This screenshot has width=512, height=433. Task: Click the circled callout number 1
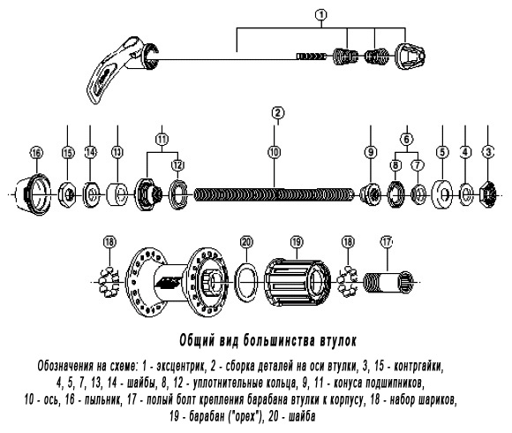[321, 15]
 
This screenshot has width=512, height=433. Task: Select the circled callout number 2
[277, 113]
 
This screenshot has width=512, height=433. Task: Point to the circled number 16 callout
[36, 153]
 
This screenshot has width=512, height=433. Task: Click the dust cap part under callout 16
[34, 194]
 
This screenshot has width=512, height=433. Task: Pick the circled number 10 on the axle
[275, 152]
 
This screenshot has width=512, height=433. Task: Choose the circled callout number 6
[407, 140]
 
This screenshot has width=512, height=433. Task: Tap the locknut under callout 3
[487, 195]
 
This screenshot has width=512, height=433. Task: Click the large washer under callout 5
[442, 194]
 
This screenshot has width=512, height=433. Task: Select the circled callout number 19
[297, 242]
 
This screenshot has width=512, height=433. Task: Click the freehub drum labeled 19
[297, 282]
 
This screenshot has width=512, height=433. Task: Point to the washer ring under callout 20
[246, 282]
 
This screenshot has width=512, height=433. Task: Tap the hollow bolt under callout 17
[388, 282]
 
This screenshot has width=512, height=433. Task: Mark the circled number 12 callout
[178, 165]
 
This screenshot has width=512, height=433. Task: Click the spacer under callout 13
[117, 194]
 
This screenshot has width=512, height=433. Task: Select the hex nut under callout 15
[67, 195]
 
